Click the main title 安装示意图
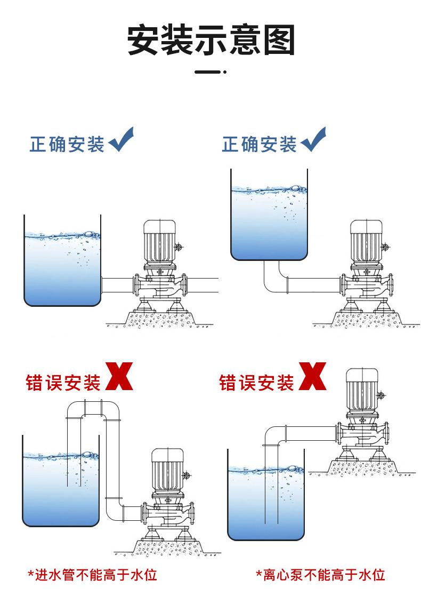pyautogui.click(x=210, y=39)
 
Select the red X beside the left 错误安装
pyautogui.click(x=119, y=376)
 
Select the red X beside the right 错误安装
pyautogui.click(x=312, y=376)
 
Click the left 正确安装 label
pyautogui.click(x=67, y=145)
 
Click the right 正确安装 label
pyautogui.click(x=259, y=145)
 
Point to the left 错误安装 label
pyautogui.click(x=63, y=383)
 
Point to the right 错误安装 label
pyautogui.click(x=256, y=383)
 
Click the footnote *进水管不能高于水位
pyautogui.click(x=93, y=575)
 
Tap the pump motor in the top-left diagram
pyautogui.click(x=159, y=241)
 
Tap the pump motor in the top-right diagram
pyautogui.click(x=367, y=241)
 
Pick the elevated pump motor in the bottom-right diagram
pyautogui.click(x=362, y=390)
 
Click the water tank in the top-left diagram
pyautogui.click(x=62, y=260)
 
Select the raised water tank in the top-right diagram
pyautogui.click(x=269, y=215)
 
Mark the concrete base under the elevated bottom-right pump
pyautogui.click(x=362, y=467)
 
